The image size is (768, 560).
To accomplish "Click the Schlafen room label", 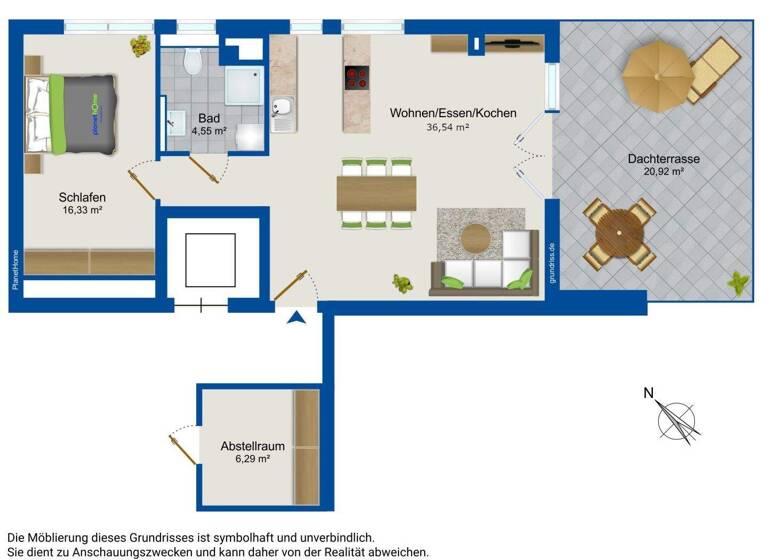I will (x=82, y=197).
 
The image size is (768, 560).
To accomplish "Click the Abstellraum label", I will (x=253, y=446).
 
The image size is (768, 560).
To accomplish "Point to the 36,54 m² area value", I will (x=448, y=127).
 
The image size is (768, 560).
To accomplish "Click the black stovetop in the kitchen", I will (x=358, y=77).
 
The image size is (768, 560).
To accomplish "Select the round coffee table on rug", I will (x=475, y=237).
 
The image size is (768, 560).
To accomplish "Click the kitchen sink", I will (x=283, y=107).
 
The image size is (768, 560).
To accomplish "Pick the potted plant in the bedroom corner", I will (x=142, y=45).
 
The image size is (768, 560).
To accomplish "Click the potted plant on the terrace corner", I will (x=738, y=284).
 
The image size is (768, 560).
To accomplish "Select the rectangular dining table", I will (x=376, y=193).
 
